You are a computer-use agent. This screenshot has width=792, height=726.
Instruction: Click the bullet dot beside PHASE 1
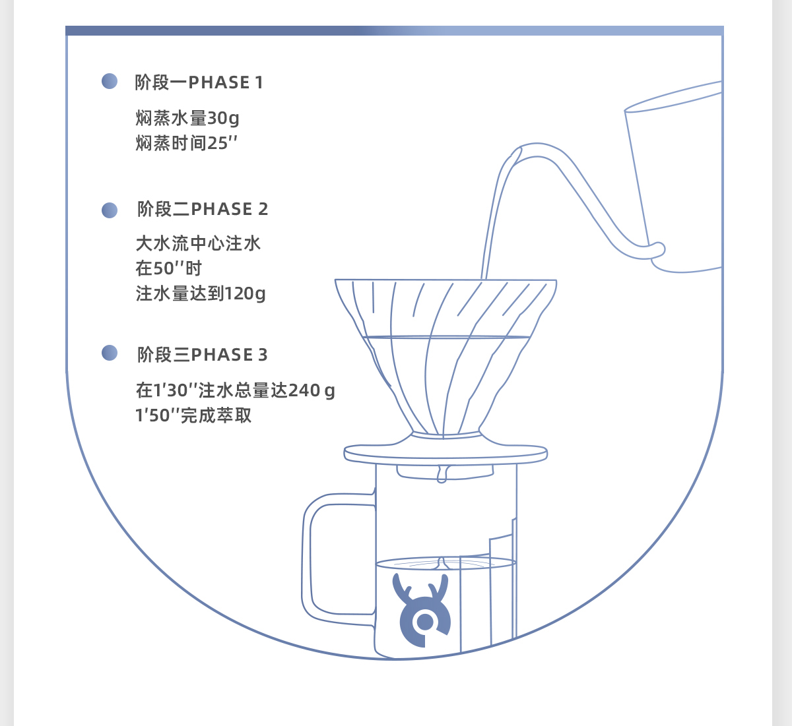[110, 81]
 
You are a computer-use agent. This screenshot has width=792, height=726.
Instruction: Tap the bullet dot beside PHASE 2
[110, 210]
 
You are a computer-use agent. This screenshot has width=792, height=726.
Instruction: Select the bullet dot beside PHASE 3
[110, 353]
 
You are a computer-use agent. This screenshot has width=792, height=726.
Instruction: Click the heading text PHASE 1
[226, 82]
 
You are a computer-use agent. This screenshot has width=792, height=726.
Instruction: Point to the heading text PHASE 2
[230, 209]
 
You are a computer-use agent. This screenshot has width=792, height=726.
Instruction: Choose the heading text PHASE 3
[230, 355]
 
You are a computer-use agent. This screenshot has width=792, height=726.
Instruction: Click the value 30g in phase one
[223, 119]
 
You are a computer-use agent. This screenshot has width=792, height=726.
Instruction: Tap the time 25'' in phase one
[222, 143]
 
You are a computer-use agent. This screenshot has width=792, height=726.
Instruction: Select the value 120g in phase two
[245, 294]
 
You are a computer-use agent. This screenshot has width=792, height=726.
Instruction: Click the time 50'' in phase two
[169, 268]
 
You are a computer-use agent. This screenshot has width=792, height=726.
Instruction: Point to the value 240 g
[312, 390]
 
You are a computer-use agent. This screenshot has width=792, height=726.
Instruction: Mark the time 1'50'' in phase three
[158, 415]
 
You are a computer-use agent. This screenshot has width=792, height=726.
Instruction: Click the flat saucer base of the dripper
[445, 454]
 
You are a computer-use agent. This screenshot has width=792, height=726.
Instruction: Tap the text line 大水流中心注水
[198, 243]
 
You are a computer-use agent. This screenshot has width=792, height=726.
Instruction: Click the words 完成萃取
[216, 415]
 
